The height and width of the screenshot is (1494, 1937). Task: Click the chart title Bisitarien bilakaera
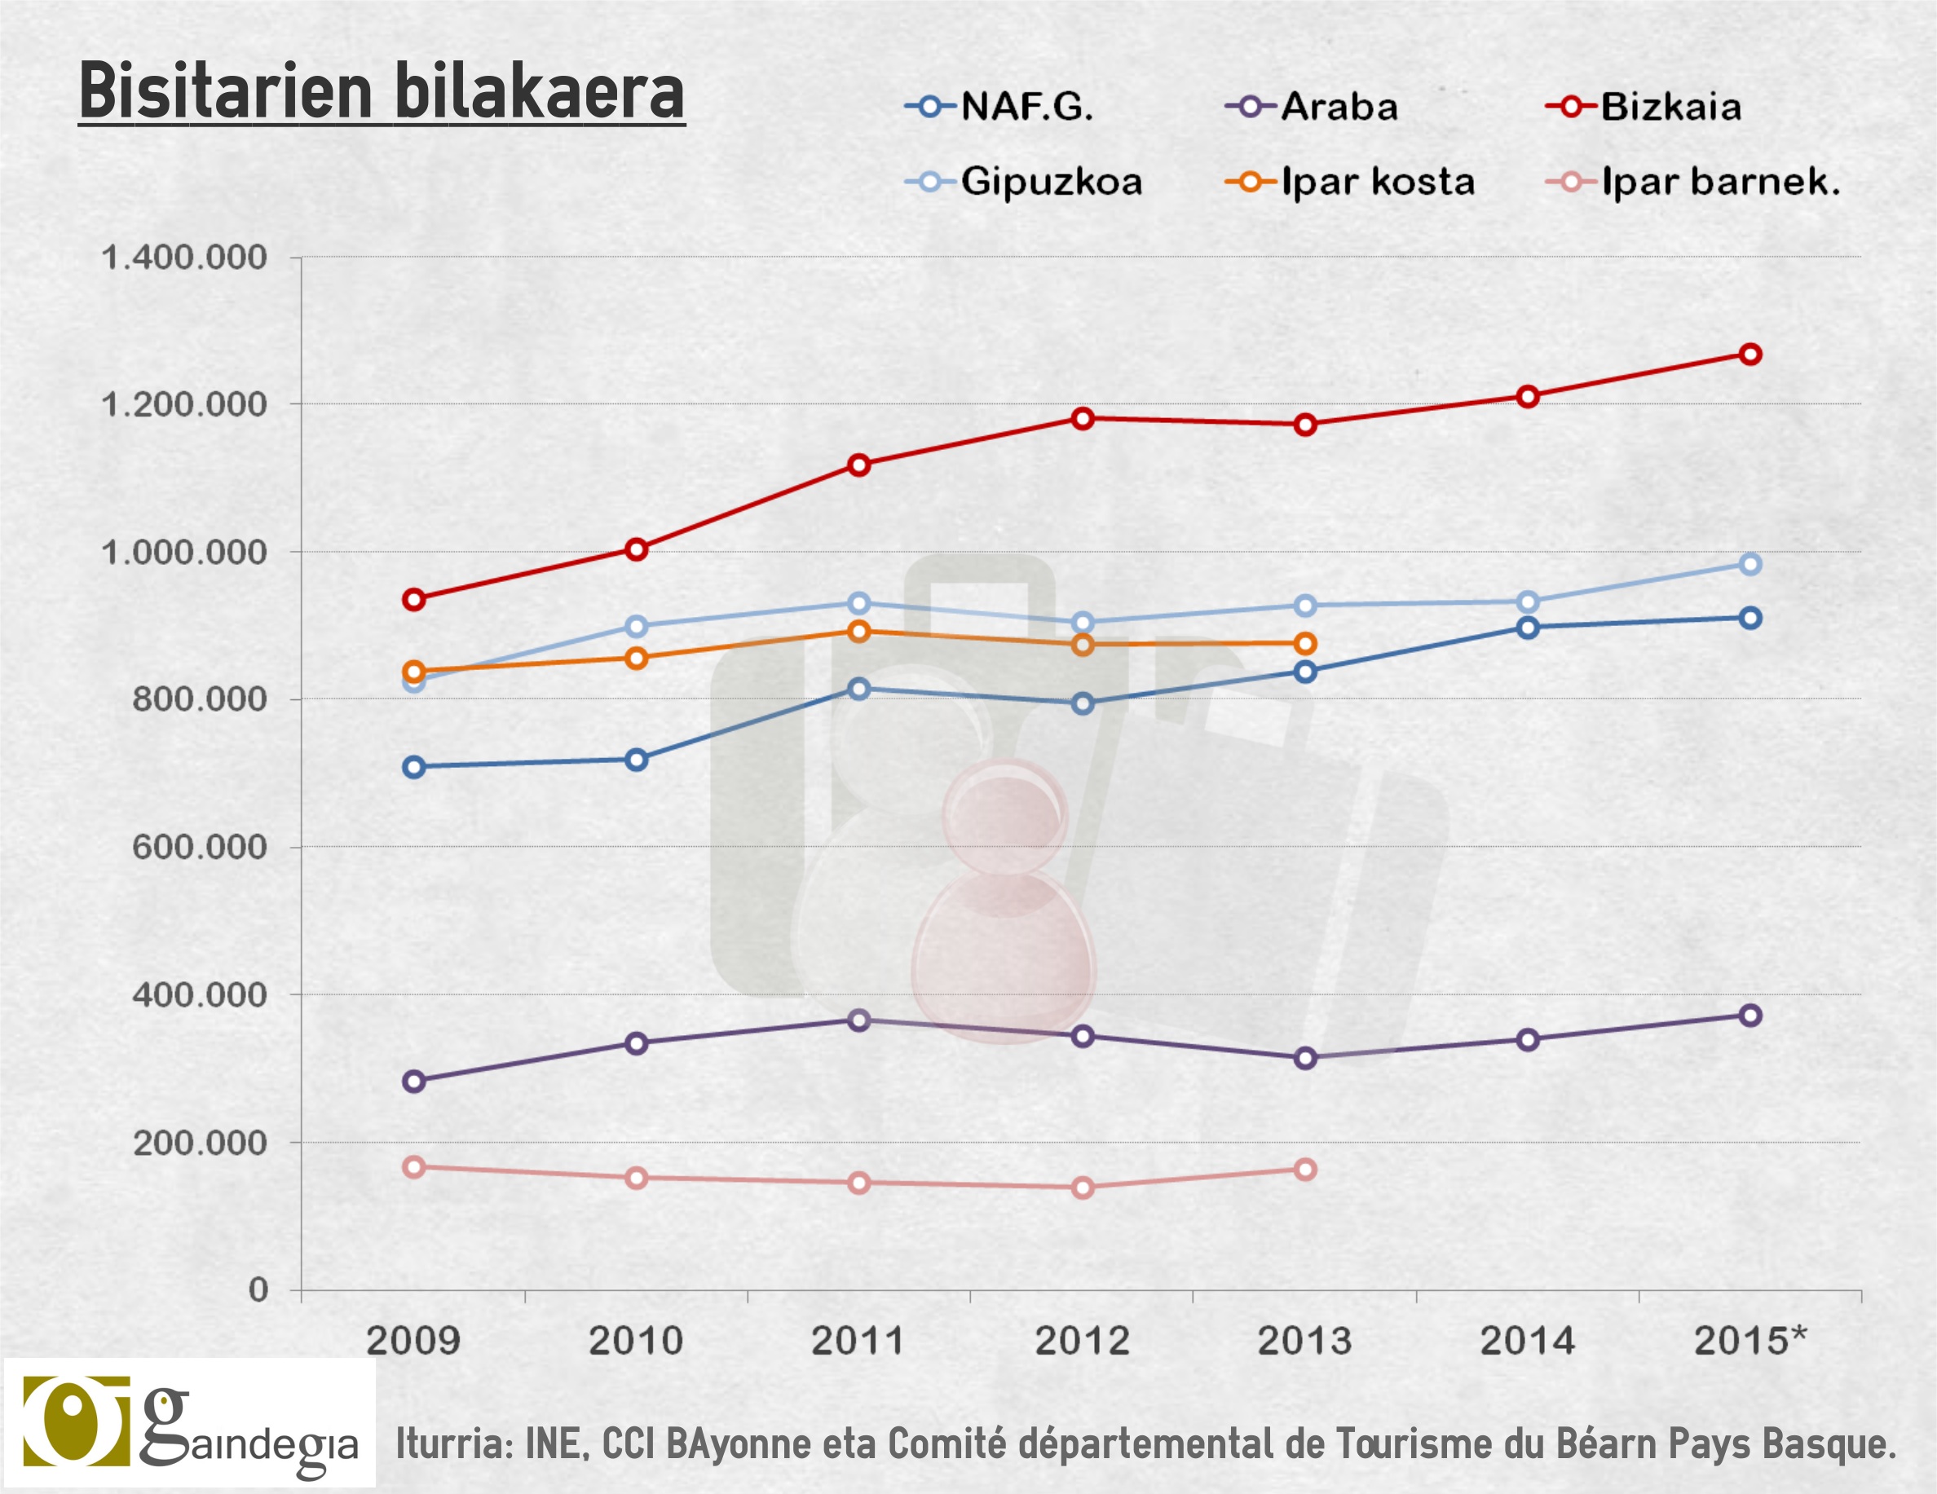pos(382,91)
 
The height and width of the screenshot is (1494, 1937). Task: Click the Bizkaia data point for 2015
pos(1749,355)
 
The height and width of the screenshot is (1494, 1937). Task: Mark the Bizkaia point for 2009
pos(413,599)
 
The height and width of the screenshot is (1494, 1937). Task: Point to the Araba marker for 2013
pos(1304,1058)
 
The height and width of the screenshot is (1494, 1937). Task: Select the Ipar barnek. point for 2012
pos(1082,1188)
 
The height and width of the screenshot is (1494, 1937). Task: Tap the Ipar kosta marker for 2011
pos(858,632)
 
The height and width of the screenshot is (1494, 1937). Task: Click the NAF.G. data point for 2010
pos(636,760)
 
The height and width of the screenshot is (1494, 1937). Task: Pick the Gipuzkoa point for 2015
pos(1749,564)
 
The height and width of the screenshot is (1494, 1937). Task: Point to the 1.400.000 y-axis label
pos(183,258)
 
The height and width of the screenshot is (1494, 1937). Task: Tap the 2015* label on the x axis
pos(1749,1341)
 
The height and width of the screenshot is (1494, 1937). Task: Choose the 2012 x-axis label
pos(1082,1341)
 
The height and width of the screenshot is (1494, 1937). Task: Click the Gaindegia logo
pos(190,1425)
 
